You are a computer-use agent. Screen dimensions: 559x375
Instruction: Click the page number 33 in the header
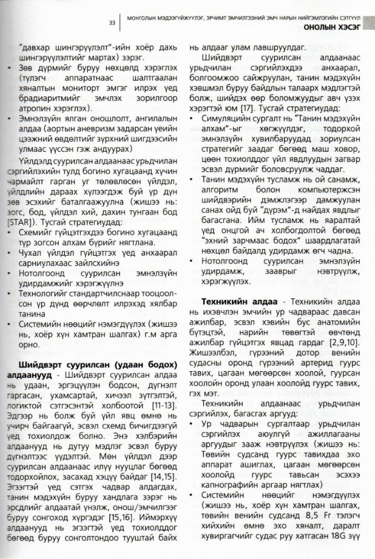[112, 22]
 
